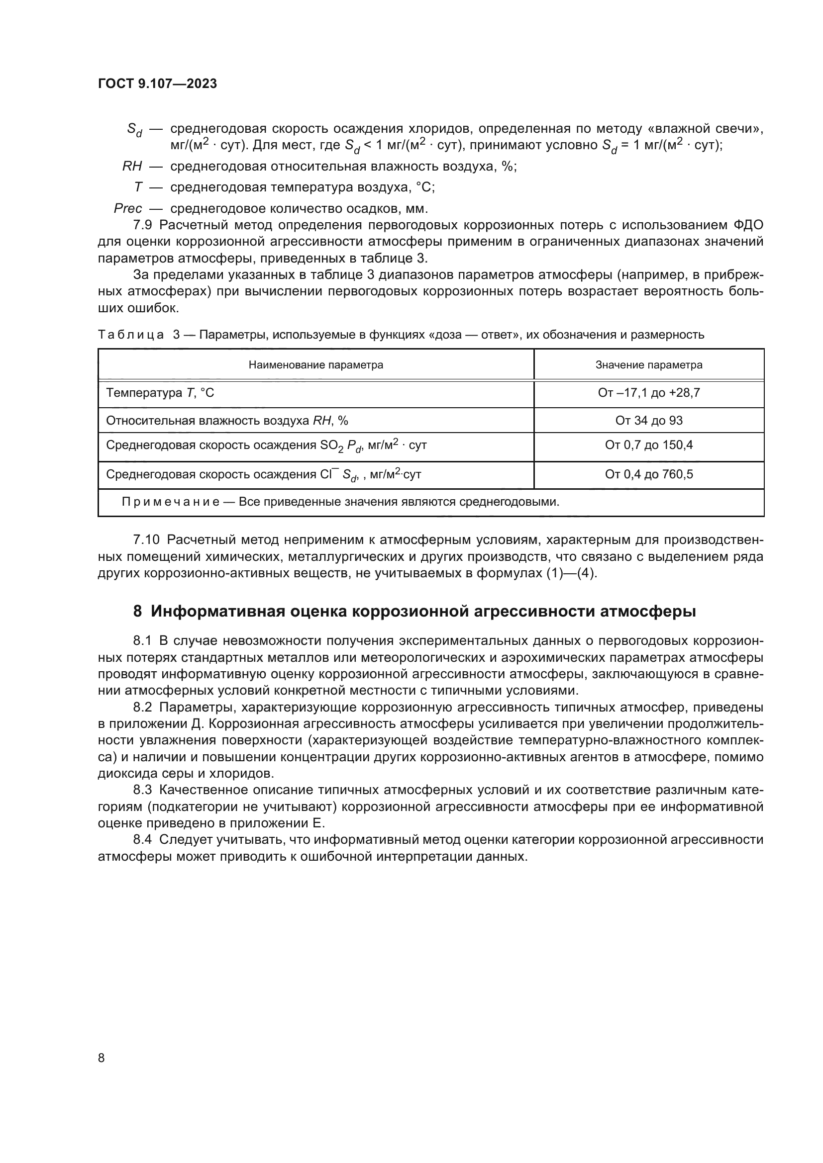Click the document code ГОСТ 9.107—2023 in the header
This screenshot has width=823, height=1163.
pos(157,84)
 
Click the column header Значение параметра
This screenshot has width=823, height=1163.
pos(649,364)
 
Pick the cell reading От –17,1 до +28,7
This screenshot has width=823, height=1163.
pos(649,393)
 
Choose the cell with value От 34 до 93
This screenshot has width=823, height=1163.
pos(649,421)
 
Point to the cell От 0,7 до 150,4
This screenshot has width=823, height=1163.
pos(649,445)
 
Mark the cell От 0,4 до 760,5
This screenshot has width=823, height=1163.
pos(649,475)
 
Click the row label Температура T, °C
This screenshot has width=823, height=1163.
pos(160,393)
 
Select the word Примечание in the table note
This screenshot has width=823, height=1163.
pos(170,502)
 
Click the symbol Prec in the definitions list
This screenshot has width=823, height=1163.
pos(128,208)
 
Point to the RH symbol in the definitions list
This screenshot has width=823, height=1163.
pos(132,166)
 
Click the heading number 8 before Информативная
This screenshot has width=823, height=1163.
pos(137,612)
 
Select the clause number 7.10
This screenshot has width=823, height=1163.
pos(146,540)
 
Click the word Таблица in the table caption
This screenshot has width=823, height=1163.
pos(131,335)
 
